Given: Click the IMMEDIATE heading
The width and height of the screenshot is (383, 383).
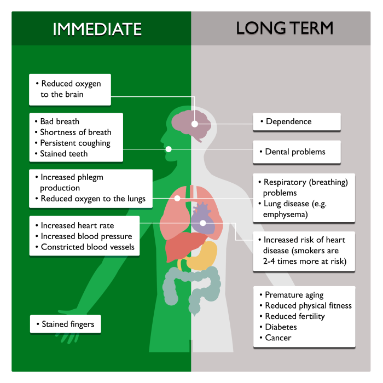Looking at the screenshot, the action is pos(97,30).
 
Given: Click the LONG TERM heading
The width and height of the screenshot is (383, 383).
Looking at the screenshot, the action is pos(285,28).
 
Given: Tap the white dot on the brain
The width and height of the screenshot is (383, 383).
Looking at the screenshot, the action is pos(195,124).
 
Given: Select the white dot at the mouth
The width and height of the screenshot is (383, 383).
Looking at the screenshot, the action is pos(169,149).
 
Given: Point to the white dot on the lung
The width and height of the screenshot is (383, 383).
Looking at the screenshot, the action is pos(177,198).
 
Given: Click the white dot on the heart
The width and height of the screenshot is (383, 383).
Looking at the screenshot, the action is pos(203,223).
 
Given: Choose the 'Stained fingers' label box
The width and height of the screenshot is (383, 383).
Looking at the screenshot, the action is pos(66,324).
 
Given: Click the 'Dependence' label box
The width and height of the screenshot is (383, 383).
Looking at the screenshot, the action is pos(297,121).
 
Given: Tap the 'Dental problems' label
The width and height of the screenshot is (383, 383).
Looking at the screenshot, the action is pos(297,152).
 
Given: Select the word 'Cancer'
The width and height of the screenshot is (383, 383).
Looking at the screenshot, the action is pos(278,338).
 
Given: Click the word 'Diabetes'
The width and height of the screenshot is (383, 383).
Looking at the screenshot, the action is pos(281,327).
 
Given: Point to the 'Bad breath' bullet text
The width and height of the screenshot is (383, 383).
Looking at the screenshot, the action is pos(60,121).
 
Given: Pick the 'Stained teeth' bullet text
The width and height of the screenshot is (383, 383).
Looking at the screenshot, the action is pos(64,154).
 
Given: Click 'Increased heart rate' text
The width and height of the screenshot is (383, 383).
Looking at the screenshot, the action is pos(77,225).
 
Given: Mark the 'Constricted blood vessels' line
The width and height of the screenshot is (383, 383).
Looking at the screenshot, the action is pos(88,247).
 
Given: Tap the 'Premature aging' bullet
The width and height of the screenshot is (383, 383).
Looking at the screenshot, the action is pos(294,295).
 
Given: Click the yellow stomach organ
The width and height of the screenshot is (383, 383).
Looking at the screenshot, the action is pos(203,257).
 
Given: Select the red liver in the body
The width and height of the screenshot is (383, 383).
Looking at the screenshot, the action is pos(183,246).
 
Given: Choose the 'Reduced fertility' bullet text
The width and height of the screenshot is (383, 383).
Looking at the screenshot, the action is pos(295,316).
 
